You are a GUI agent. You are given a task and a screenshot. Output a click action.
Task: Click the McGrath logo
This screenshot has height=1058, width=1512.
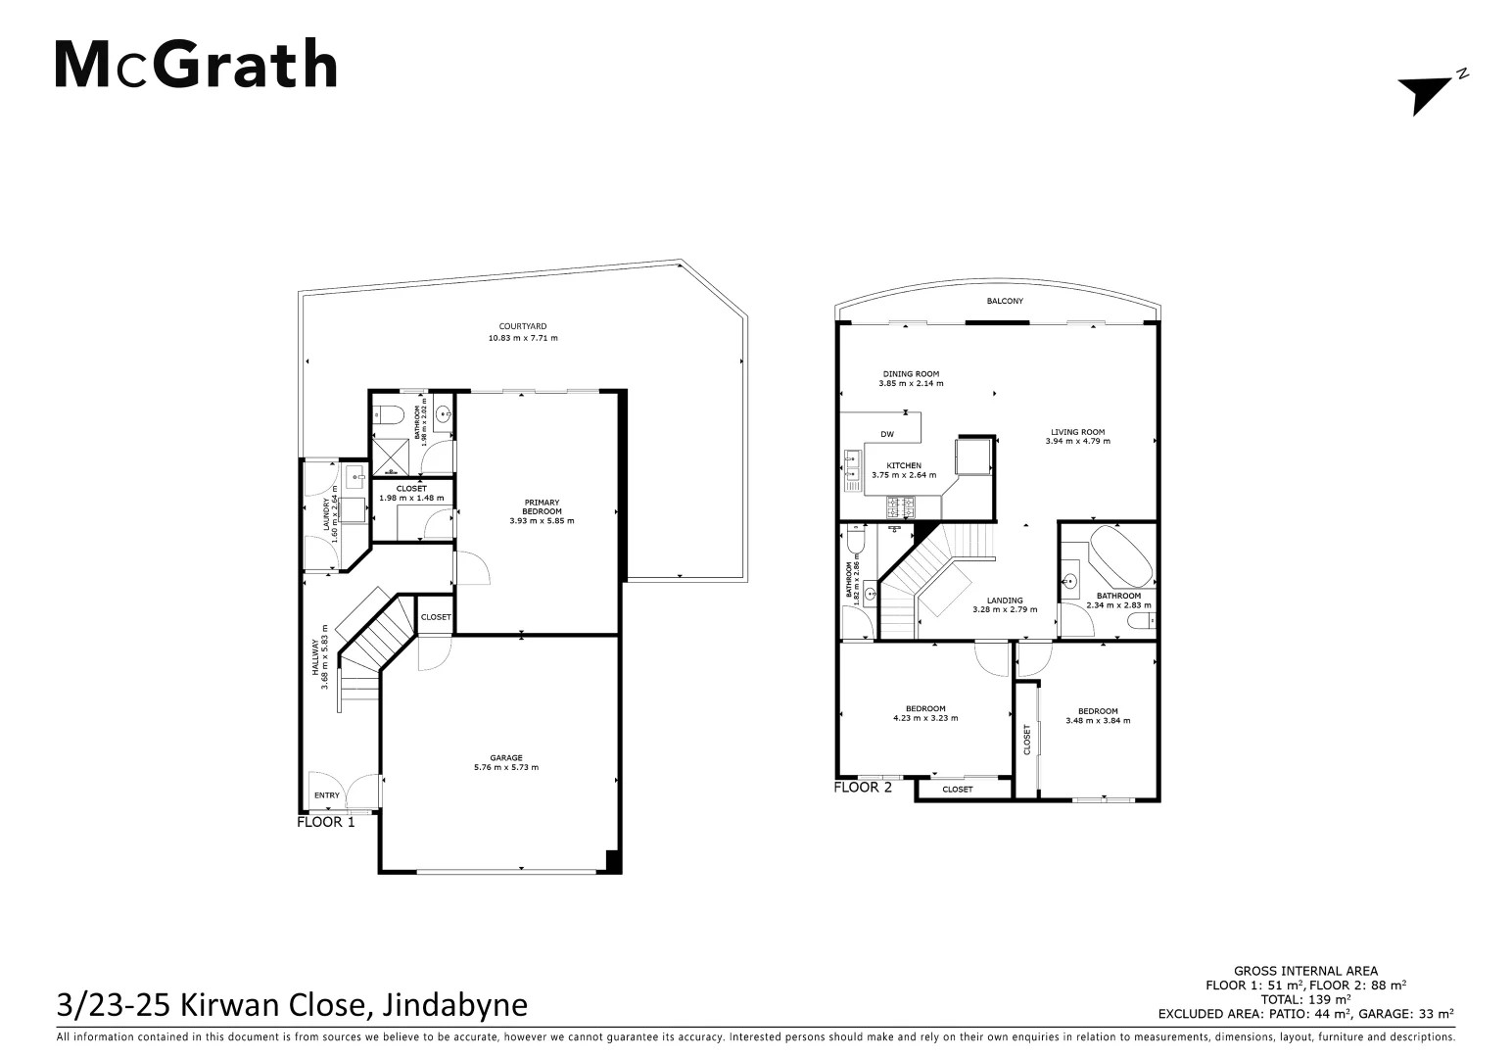tap(196, 65)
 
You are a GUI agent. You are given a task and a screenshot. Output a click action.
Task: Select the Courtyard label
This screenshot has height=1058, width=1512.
tap(522, 326)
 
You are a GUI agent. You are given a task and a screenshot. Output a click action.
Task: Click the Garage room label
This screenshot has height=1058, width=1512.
tap(506, 757)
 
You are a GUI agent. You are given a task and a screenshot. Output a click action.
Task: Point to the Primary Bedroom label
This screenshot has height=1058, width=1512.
tap(542, 506)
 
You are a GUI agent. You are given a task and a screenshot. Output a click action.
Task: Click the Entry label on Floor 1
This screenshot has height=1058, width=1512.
tap(327, 795)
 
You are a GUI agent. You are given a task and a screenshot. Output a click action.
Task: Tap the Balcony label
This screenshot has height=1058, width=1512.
tap(1005, 301)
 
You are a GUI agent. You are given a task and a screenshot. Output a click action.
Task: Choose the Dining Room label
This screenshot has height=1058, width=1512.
tap(911, 373)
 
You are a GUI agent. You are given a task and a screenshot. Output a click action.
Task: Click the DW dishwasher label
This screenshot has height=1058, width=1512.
tap(887, 434)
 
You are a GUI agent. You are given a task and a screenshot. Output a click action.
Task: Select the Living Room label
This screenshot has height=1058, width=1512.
tap(1077, 432)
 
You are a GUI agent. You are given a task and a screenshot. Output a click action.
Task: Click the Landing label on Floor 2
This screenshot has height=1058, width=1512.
tap(1005, 601)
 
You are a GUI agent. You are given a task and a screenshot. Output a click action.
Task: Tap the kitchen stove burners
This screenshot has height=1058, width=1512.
tap(900, 507)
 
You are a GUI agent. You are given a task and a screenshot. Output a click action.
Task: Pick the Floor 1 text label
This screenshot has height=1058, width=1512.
tap(326, 822)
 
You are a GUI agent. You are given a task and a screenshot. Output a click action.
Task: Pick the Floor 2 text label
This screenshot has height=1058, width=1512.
tap(863, 787)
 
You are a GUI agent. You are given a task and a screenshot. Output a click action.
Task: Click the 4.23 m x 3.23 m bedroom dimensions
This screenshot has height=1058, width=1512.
tap(925, 718)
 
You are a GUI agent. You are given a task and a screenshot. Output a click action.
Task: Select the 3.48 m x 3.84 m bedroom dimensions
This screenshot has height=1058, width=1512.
tap(1098, 721)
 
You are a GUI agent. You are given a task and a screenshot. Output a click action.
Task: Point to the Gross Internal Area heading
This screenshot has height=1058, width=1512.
tap(1305, 971)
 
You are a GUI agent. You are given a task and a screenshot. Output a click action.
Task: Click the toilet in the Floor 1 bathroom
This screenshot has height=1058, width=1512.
tap(390, 415)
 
